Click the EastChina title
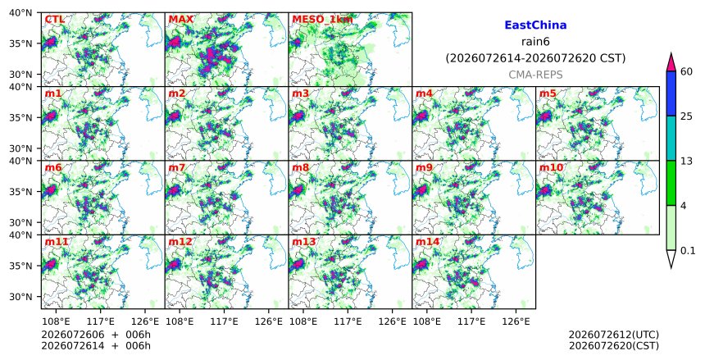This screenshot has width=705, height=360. click(x=535, y=25)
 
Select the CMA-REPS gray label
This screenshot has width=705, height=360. click(x=535, y=75)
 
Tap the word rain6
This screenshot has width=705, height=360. click(x=535, y=42)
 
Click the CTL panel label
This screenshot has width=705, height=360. click(x=55, y=20)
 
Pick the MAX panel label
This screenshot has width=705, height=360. click(x=180, y=20)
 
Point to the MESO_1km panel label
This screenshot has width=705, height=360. click(x=322, y=20)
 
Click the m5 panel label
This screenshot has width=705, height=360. click(x=548, y=93)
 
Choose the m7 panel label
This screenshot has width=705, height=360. click(x=177, y=168)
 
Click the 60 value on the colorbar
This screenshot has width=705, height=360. click(x=687, y=71)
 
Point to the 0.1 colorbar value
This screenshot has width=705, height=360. click(x=688, y=251)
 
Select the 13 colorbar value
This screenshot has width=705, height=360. click(x=686, y=161)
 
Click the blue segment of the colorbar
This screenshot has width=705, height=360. click(x=671, y=93)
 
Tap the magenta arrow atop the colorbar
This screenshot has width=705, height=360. click(x=671, y=62)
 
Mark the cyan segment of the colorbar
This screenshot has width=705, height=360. click(x=671, y=138)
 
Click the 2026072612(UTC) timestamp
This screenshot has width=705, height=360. click(x=614, y=335)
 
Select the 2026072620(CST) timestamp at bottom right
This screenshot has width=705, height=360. click(x=614, y=346)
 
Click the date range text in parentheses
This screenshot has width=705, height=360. click(x=535, y=58)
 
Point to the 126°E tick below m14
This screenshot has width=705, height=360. click(x=516, y=321)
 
